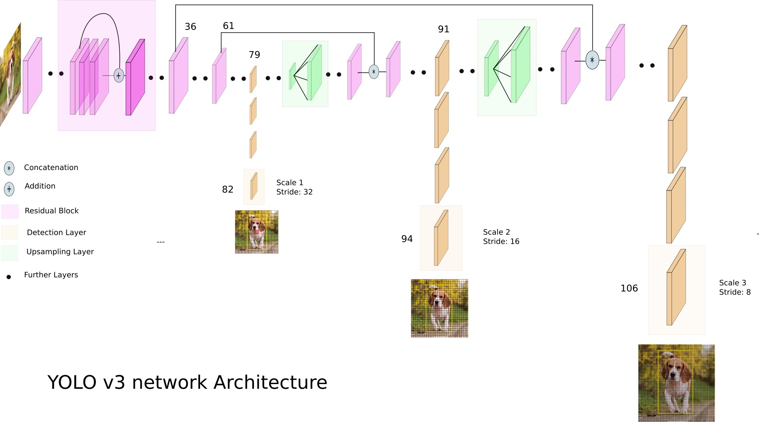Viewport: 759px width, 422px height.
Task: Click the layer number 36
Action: point(190,27)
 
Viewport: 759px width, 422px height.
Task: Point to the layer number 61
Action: point(228,26)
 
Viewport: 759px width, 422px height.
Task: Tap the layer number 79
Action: point(254,55)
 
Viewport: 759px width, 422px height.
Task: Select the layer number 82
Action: point(228,189)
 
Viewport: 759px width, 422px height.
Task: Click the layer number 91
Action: point(444,29)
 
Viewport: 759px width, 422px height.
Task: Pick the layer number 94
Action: point(407,239)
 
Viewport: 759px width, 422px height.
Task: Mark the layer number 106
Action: point(629,288)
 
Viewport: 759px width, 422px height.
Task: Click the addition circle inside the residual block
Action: point(119,75)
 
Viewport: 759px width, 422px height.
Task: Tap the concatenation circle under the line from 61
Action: point(374,72)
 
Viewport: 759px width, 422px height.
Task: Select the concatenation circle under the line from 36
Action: point(592,60)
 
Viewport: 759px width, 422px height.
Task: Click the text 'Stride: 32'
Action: point(294,192)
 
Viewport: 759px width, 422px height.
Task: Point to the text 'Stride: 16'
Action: point(501,242)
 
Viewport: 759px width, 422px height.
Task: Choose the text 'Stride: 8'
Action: point(735,292)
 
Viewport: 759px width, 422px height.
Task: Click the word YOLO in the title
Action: point(72,382)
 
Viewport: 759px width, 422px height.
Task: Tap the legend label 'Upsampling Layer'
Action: point(60,252)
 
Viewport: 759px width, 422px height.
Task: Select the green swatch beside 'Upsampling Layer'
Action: point(10,253)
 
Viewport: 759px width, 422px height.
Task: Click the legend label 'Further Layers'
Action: point(51,275)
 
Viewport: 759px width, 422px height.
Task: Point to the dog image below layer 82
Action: point(257,232)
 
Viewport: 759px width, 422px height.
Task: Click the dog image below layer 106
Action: point(676,383)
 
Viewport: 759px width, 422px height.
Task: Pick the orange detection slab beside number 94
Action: point(441,238)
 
